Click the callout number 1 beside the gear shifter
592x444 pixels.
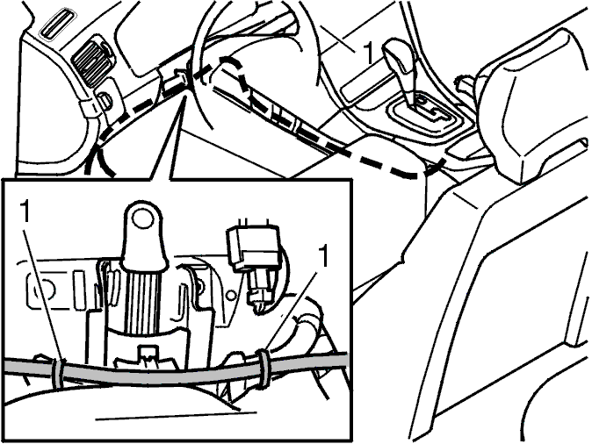368,53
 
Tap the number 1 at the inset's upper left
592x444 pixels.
25,211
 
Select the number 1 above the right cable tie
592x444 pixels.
323,256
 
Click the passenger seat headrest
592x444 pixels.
533,103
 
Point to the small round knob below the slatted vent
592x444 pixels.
106,99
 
